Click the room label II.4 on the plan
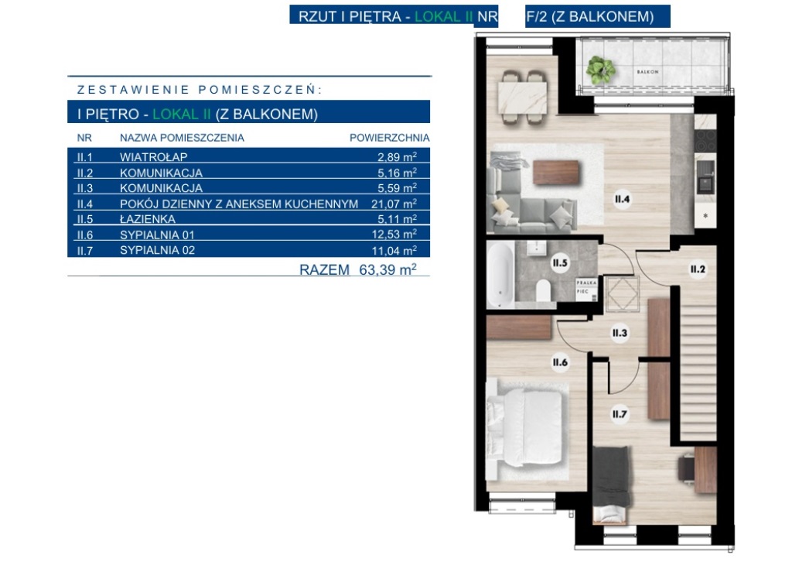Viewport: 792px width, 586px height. pos(623,199)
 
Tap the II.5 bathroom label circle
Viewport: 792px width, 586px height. pos(560,263)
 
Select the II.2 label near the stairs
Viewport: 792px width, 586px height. pos(698,269)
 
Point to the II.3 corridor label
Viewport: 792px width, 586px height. pos(620,333)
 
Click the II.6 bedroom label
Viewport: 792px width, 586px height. pos(560,362)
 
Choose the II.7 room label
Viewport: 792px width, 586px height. pos(620,415)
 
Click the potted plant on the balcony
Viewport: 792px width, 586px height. pos(600,69)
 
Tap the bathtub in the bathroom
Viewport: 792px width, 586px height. pos(501,273)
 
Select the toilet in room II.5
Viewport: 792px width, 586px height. pos(543,291)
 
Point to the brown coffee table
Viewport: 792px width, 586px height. pos(556,172)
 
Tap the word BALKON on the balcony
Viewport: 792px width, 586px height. pos(647,72)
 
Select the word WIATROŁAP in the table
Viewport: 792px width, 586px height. pos(154,156)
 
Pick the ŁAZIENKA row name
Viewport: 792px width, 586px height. pos(148,219)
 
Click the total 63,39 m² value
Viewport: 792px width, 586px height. pos(388,269)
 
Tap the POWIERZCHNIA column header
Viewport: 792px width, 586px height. pos(390,138)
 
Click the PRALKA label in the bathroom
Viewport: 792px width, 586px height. pos(586,283)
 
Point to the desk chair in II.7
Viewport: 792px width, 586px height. pos(686,468)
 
